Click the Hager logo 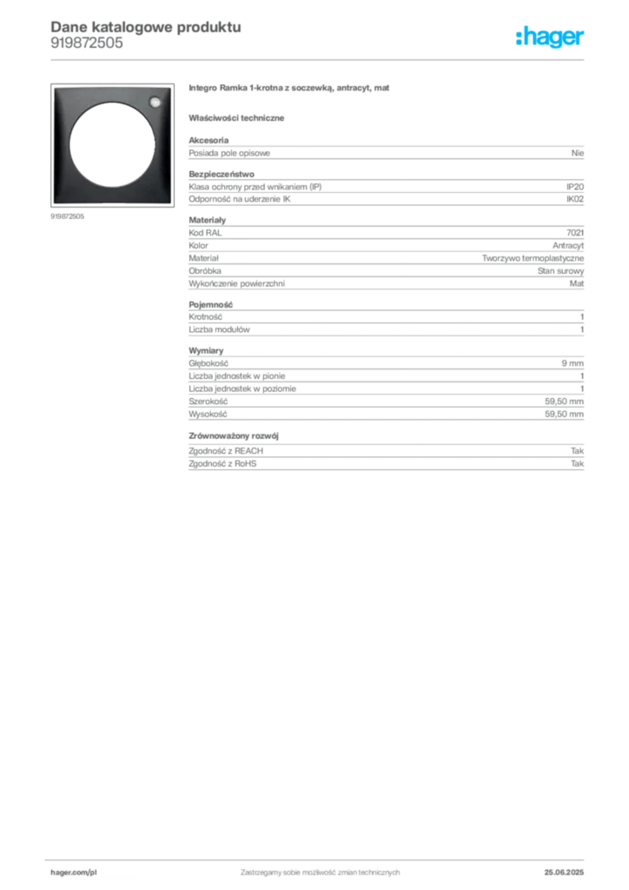(x=549, y=37)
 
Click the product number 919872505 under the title (x=87, y=43)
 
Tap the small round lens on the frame (x=155, y=103)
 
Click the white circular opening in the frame (x=112, y=145)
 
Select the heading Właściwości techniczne (x=236, y=118)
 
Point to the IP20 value (x=575, y=187)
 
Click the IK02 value (x=575, y=199)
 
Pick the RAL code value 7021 (x=575, y=233)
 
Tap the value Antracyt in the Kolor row (x=568, y=246)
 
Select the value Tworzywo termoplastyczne (x=533, y=258)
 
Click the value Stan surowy (x=561, y=271)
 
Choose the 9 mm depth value (x=573, y=363)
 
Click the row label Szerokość (x=209, y=402)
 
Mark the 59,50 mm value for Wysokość (x=565, y=415)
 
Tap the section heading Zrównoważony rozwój (x=234, y=436)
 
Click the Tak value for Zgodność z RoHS (x=578, y=464)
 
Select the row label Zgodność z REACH (x=226, y=451)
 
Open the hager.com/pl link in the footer (x=74, y=873)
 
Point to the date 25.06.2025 (x=564, y=873)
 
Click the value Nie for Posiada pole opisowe (x=578, y=153)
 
